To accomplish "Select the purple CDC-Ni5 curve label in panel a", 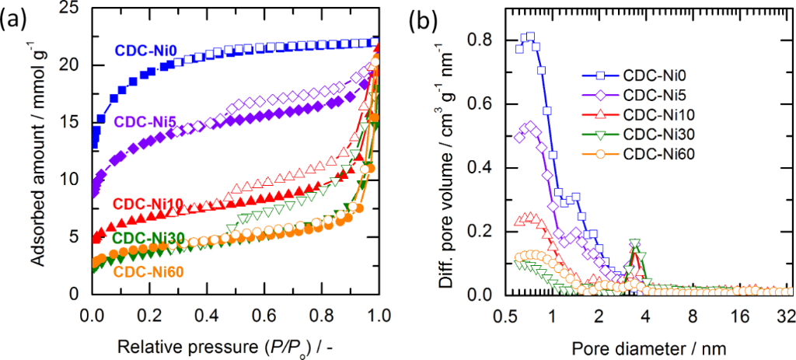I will pos(143,122).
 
